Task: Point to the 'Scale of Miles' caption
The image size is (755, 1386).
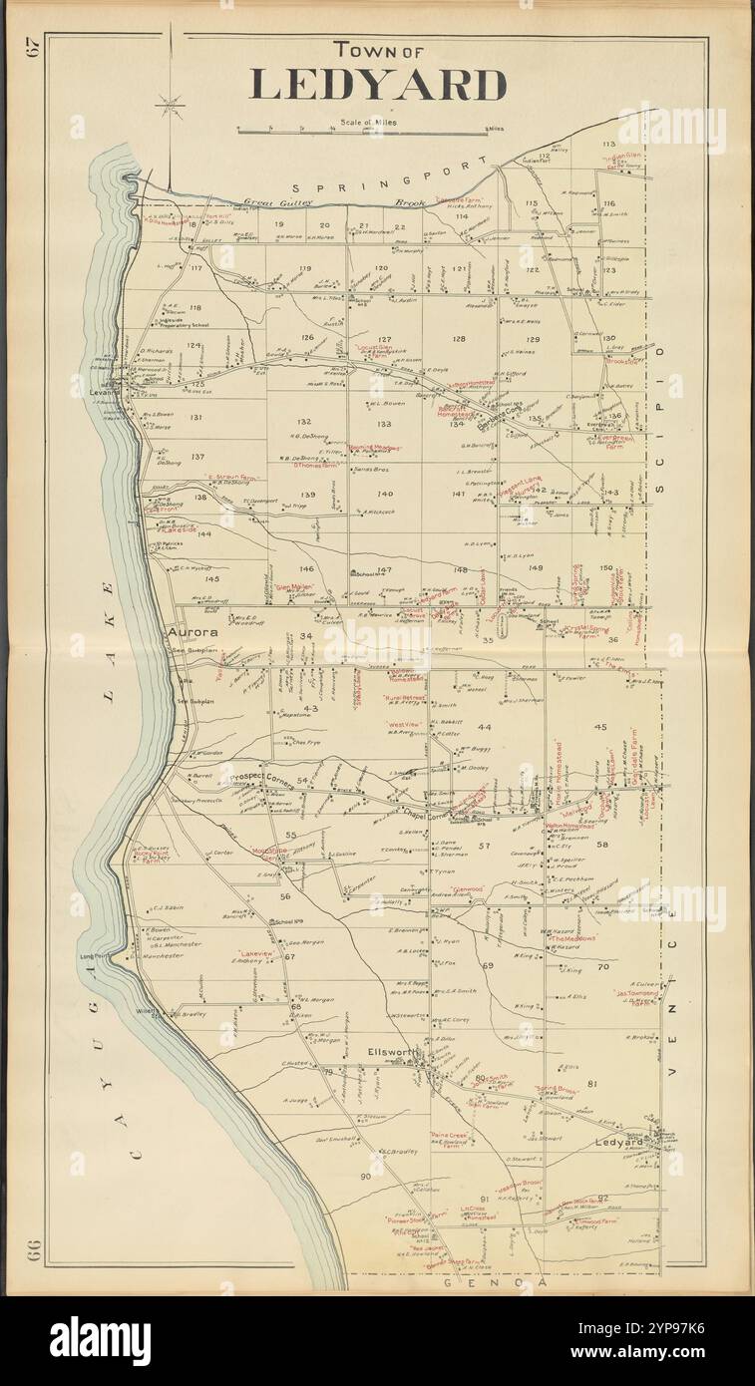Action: click(366, 122)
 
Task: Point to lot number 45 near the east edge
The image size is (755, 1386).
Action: click(600, 727)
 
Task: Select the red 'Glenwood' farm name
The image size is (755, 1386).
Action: click(466, 888)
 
